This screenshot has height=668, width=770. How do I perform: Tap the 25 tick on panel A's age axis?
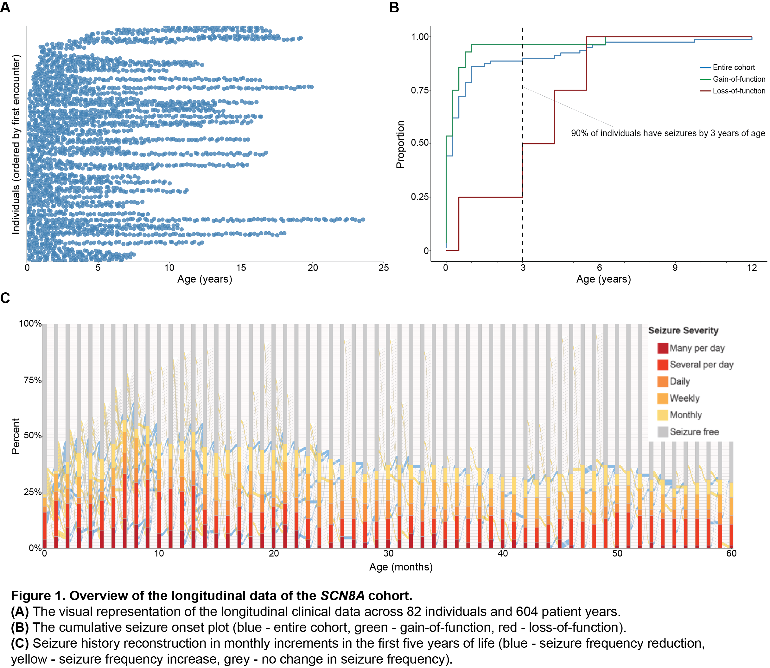384,268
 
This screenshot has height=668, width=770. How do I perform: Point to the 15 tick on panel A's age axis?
241,268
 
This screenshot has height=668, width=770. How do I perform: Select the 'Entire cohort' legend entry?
733,67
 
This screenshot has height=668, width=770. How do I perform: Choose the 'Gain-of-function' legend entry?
738,79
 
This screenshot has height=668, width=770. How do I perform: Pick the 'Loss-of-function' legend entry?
738,91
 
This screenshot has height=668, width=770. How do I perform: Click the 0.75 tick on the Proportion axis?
420,91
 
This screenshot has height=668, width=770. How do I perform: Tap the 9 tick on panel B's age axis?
675,268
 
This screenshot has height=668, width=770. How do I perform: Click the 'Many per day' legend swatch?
663,348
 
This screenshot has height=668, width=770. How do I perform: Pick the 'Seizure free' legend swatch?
663,432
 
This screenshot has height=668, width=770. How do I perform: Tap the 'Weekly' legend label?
684,398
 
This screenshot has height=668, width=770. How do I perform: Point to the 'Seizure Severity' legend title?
683,331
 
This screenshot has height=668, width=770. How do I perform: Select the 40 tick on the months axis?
503,554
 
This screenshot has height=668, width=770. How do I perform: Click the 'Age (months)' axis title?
401,567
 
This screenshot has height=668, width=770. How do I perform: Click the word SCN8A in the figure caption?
342,596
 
